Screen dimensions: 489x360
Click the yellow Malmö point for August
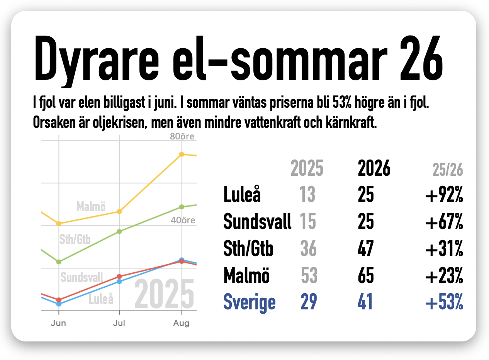[182, 155]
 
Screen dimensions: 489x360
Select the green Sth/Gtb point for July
[119, 231]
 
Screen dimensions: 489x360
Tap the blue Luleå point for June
[59, 304]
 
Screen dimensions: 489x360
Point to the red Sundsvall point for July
[119, 277]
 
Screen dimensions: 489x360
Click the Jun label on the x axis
[58, 323]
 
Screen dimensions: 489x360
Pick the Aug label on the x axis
[181, 323]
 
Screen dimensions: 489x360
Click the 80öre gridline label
[182, 136]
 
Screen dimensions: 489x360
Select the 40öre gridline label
[183, 220]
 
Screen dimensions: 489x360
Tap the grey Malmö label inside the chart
[91, 206]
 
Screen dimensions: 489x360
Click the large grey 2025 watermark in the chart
[164, 294]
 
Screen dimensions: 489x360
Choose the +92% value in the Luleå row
[444, 195]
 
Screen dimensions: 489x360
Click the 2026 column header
[374, 168]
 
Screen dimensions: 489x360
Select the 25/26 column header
[448, 170]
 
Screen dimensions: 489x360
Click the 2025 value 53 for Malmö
[309, 275]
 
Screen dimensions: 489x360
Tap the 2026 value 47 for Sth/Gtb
[366, 248]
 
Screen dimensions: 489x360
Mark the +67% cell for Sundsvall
[444, 221]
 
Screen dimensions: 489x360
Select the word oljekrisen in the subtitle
[119, 123]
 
